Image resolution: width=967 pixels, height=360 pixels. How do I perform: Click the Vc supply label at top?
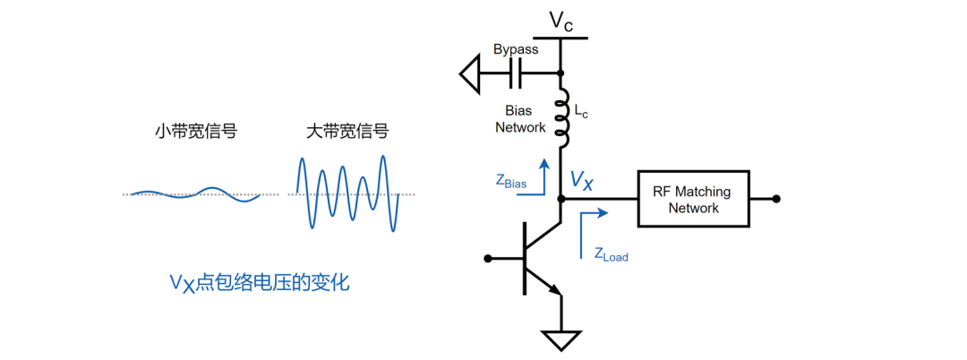tap(561, 20)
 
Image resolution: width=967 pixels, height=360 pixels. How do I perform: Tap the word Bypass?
tap(516, 49)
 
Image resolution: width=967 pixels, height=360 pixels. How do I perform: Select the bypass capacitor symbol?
tap(516, 73)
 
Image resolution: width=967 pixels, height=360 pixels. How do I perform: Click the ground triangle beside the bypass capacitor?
tap(472, 73)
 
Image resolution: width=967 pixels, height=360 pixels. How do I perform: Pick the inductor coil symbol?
tap(562, 118)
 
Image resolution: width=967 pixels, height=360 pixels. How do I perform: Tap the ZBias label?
tap(510, 181)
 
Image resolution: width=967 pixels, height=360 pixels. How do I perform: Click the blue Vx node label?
tap(582, 184)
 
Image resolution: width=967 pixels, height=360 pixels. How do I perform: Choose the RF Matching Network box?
tap(693, 199)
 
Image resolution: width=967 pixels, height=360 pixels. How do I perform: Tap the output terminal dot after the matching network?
tap(776, 199)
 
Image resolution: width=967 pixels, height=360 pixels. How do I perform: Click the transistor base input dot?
tap(488, 259)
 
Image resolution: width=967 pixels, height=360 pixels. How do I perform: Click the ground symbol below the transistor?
tap(561, 340)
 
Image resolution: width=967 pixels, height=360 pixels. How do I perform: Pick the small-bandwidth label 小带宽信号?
tap(195, 133)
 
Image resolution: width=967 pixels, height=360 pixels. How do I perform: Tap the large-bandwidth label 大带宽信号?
tap(347, 133)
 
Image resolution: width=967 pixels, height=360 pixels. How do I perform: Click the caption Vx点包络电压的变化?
tap(259, 283)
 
